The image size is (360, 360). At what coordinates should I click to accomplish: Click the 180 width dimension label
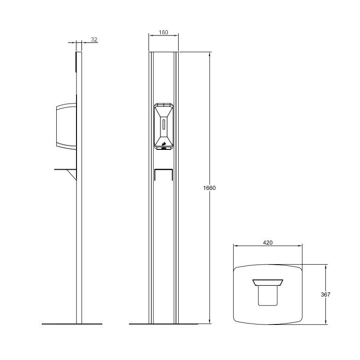tap(163, 32)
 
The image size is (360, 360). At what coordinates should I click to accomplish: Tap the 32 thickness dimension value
tap(94, 40)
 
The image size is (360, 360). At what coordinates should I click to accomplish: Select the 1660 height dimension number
tap(209, 188)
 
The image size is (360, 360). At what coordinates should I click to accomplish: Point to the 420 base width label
tap(268, 243)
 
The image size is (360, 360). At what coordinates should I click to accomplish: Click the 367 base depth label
tap(325, 294)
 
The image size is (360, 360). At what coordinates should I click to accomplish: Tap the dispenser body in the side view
tap(66, 126)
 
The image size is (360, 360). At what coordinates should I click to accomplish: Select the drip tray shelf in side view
tap(65, 170)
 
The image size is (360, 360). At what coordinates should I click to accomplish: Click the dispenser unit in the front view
tap(163, 126)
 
